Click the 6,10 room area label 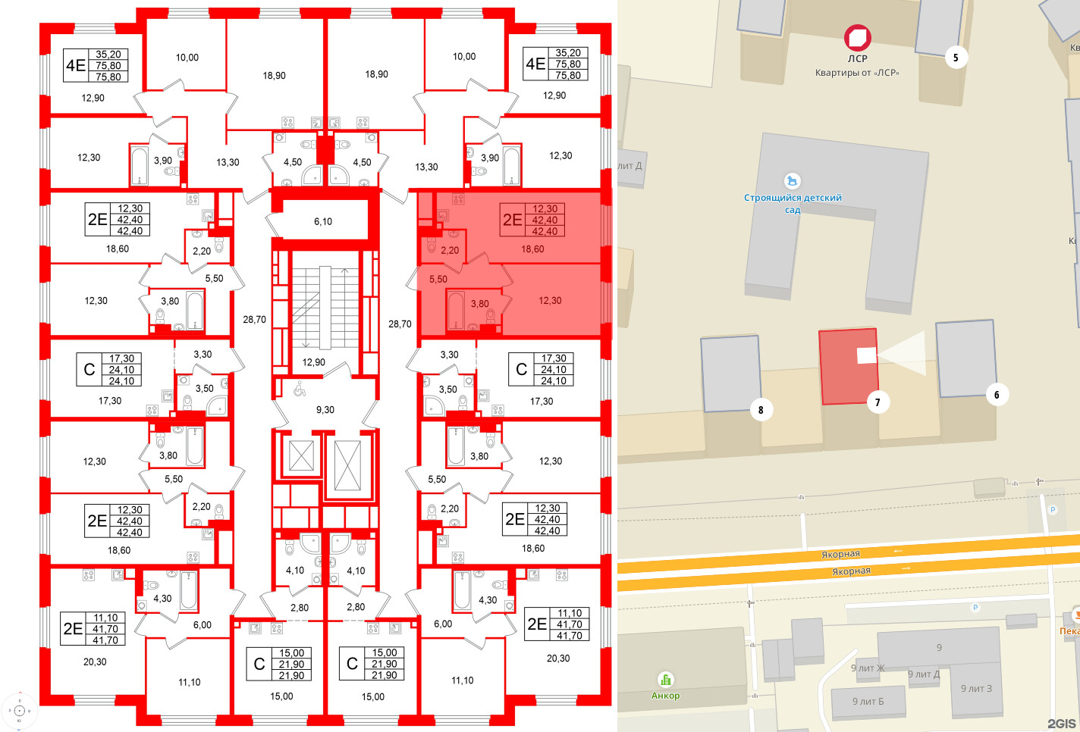tap(323, 221)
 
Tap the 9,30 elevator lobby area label tap(325, 409)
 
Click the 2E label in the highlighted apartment tap(513, 220)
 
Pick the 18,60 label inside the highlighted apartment tap(532, 249)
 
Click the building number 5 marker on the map tap(956, 58)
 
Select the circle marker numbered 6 tap(997, 394)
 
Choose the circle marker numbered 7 tap(877, 402)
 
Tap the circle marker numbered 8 tap(761, 410)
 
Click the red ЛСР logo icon tap(858, 37)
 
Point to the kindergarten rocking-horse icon tap(793, 181)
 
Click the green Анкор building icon tap(665, 680)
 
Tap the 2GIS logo tap(1061, 724)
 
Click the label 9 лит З tap(976, 688)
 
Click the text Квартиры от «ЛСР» tap(857, 73)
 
